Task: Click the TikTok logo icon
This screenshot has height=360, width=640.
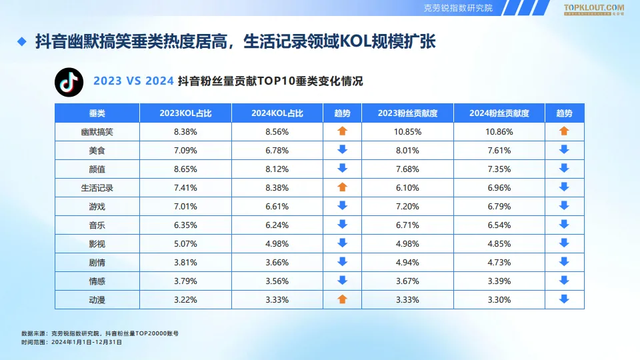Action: coord(68,82)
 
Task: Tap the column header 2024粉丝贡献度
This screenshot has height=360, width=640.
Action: coord(499,113)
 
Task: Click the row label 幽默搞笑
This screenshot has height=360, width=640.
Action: coord(97,132)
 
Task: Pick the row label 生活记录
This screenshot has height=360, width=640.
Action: coord(97,188)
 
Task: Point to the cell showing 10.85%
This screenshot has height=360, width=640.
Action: coord(407,132)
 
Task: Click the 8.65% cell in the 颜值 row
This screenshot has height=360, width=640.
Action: coord(185,169)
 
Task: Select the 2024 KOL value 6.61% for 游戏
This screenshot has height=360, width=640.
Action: coord(277,207)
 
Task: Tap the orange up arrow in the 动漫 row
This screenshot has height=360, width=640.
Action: coord(343,299)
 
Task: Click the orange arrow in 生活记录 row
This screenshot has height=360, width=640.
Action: coord(343,187)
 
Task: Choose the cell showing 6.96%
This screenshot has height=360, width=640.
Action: coord(499,188)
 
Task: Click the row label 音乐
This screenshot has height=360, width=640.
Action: coord(97,225)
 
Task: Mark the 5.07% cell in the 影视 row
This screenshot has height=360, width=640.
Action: coord(185,244)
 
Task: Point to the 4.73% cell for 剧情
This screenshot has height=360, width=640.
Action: coord(499,263)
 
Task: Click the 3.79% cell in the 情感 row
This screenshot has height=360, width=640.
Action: coord(185,281)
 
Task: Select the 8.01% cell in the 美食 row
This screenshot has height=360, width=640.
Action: coord(407,151)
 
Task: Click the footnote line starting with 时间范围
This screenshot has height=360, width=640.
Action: coord(71,341)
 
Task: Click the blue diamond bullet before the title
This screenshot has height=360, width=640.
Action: coord(21,43)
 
